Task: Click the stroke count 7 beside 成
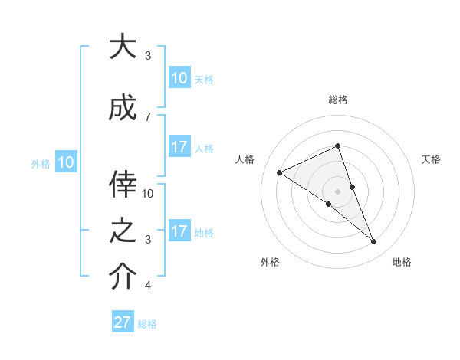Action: [148, 116]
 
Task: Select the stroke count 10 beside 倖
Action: [148, 194]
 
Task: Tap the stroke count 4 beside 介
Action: [148, 286]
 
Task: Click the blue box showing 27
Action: [123, 322]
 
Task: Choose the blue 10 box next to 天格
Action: [179, 78]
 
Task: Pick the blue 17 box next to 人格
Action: [179, 147]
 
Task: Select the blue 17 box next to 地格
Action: [179, 231]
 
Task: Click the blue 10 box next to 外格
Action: [66, 162]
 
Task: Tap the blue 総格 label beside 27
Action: [147, 324]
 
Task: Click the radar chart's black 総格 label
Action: [338, 100]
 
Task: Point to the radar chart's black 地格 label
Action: [402, 263]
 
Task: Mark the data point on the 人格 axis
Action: [280, 173]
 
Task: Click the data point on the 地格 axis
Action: [374, 242]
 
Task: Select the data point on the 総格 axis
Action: [338, 146]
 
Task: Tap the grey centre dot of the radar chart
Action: [338, 191]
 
